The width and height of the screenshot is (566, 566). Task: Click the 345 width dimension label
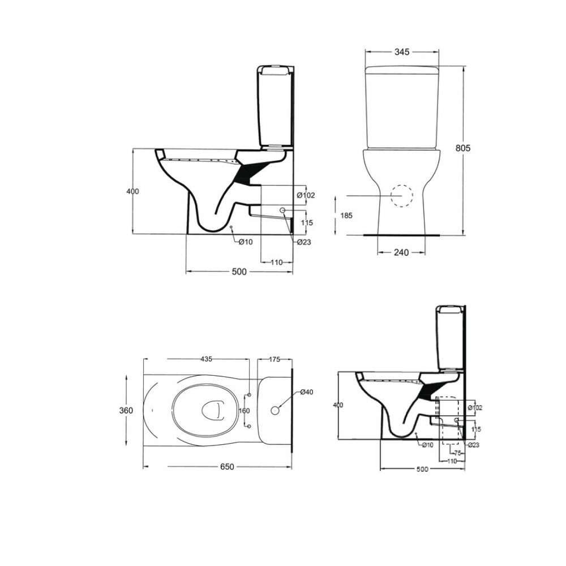coord(401,52)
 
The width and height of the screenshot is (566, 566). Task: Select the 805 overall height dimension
coord(464,148)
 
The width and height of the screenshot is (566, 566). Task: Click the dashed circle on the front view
coord(402,196)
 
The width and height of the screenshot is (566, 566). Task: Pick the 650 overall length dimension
coord(226,467)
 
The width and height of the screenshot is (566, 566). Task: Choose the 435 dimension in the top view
coord(206,359)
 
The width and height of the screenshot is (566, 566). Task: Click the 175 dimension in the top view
coord(275,359)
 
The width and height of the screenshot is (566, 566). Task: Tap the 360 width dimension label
coord(126,410)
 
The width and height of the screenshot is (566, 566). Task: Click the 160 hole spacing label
coord(243,410)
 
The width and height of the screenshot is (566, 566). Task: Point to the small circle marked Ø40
coord(276,409)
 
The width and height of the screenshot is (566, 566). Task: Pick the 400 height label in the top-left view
coord(133,191)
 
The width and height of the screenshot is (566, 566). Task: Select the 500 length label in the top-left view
coord(239,272)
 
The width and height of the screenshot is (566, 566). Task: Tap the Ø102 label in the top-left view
coord(306,195)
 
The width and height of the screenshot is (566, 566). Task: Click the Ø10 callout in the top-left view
coord(245,242)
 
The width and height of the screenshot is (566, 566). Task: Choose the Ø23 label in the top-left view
coord(305,242)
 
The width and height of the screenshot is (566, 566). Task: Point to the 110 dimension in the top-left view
coord(276,263)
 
